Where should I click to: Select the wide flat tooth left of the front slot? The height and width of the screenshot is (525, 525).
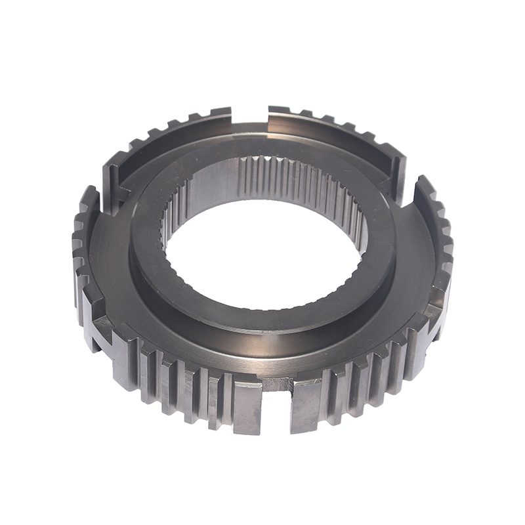[x=247, y=407]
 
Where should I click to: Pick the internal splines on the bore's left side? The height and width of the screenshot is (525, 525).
[x=172, y=223]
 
